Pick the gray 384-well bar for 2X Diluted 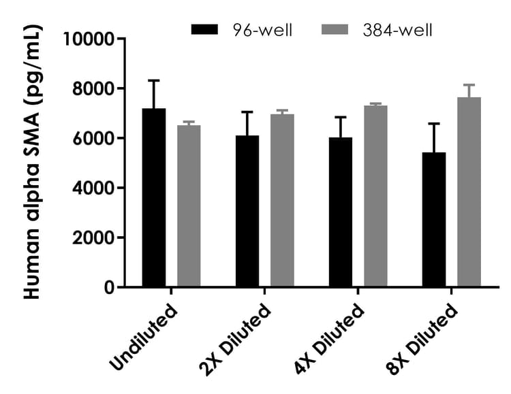(282, 200)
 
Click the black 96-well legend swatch (205, 30)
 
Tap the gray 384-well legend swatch (335, 30)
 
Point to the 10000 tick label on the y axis (88, 39)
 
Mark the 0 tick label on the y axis (109, 287)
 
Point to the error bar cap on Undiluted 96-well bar (153, 80)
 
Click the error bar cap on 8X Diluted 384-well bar (469, 85)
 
